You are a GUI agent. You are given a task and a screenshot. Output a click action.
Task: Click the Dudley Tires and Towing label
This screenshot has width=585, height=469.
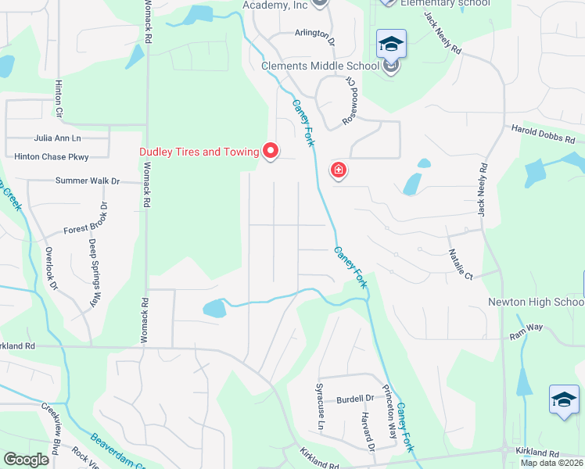pyautogui.click(x=199, y=152)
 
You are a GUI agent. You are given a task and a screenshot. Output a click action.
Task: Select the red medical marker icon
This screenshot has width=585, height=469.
pyautogui.click(x=339, y=170)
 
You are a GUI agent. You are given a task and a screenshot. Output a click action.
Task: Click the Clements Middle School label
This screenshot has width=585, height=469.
pyautogui.click(x=321, y=66)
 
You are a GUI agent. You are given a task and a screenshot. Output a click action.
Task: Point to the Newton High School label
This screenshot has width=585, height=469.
pyautogui.click(x=536, y=302)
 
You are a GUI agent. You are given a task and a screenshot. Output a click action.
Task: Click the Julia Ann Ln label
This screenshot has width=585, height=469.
pyautogui.click(x=57, y=138)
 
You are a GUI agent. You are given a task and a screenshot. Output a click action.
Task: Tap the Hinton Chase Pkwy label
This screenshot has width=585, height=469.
pyautogui.click(x=52, y=157)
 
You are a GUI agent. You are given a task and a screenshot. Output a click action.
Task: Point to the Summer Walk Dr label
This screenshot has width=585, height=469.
pyautogui.click(x=87, y=181)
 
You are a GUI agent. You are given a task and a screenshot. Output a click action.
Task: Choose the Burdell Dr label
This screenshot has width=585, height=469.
pyautogui.click(x=355, y=399)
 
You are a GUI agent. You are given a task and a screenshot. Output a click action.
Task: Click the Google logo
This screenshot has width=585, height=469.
pyautogui.click(x=26, y=460)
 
